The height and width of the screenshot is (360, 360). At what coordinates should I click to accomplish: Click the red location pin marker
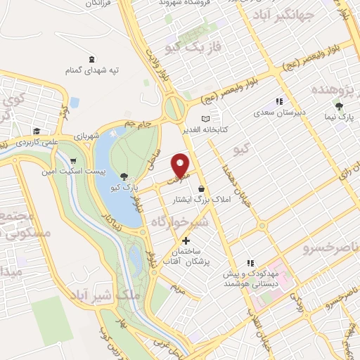coord(181,165)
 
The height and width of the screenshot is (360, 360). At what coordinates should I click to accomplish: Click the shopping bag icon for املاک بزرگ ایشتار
coord(202,188)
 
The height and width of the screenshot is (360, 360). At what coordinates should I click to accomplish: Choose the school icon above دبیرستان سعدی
coord(278,101)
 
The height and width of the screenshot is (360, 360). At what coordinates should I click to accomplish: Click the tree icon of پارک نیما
coord(340,107)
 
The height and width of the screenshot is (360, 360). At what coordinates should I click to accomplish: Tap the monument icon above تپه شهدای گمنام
coord(91,59)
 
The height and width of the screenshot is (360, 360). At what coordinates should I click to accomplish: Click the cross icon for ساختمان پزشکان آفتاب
coord(186,240)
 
